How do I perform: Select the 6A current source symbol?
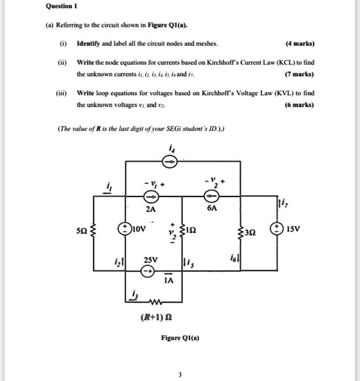tap(209, 196)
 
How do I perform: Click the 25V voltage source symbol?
tap(146, 270)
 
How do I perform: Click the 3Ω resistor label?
tap(251, 231)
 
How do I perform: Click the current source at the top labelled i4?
tap(169, 162)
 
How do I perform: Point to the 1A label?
tap(168, 281)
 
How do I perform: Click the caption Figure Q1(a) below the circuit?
tap(180, 338)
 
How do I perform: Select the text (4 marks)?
tap(300, 44)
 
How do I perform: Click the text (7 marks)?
tap(300, 74)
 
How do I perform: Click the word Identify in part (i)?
tap(90, 44)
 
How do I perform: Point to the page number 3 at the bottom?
tap(180, 374)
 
